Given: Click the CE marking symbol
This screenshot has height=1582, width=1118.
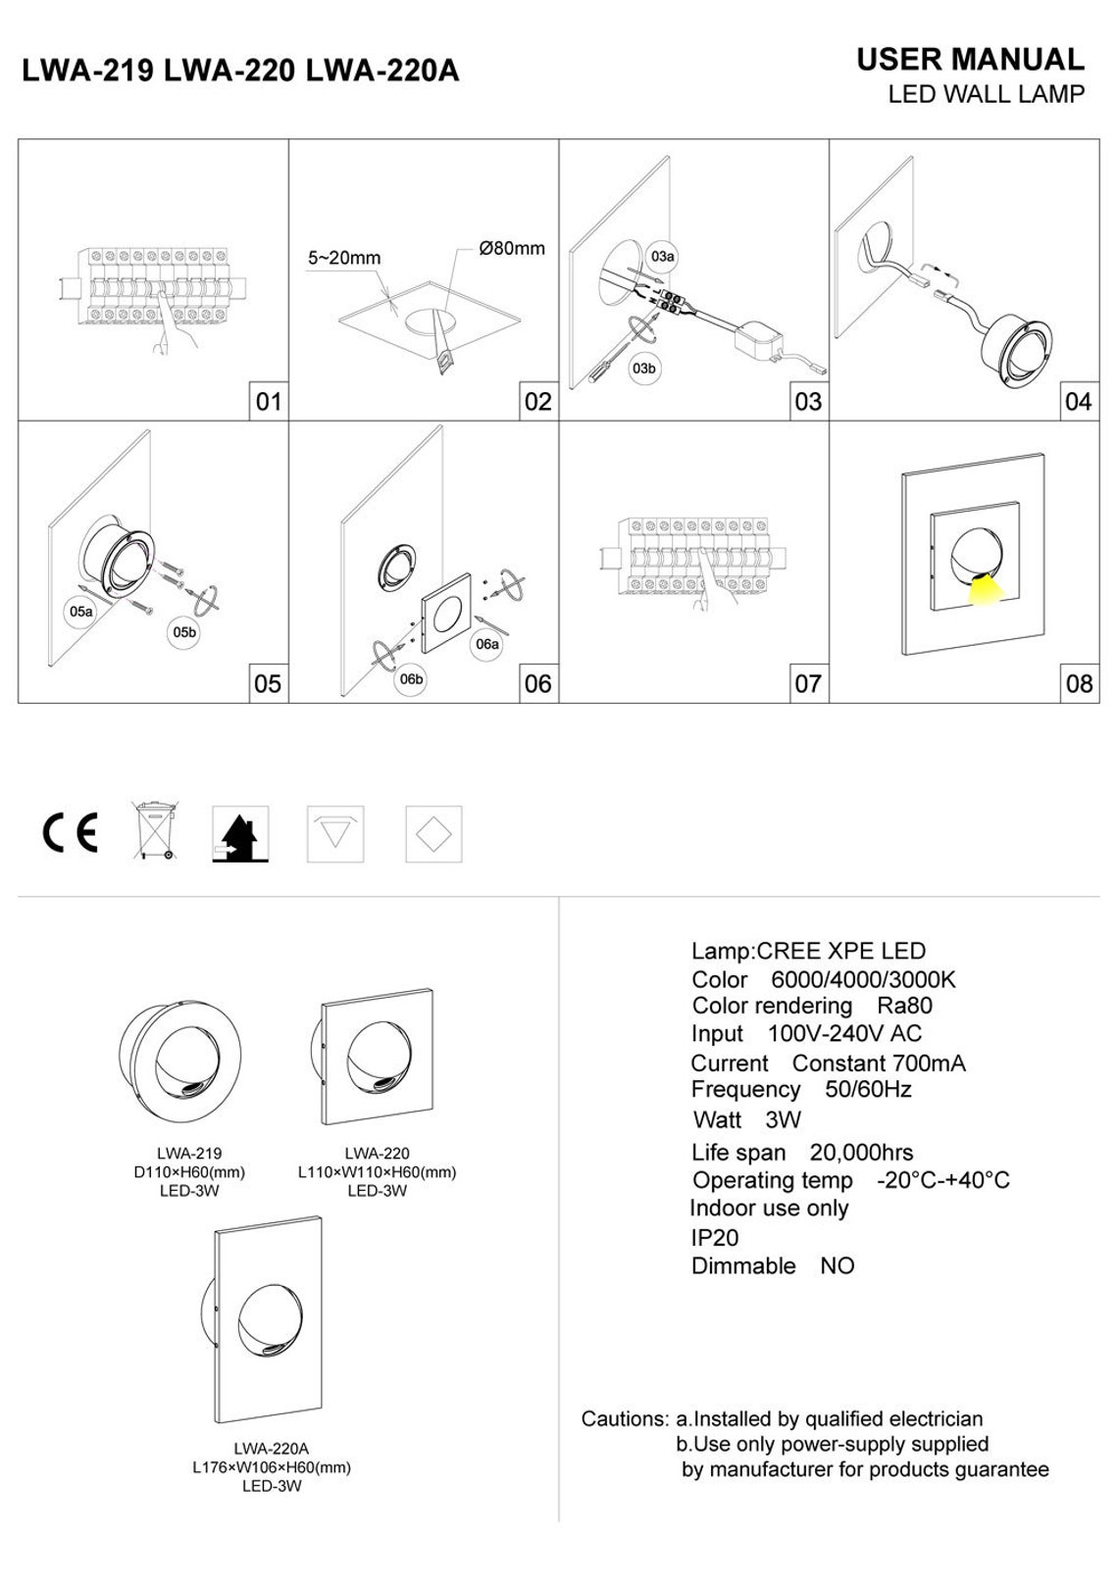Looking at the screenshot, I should pos(70,833).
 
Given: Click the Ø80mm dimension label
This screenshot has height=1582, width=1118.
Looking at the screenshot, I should pos(511,248).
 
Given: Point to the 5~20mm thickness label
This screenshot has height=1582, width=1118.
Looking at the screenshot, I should pos(344,259).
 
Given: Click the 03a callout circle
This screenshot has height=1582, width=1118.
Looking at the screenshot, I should pos(663,257).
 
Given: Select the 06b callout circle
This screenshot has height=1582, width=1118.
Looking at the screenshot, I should pos(411,679).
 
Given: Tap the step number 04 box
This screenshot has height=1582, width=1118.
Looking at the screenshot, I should pos(1077,401).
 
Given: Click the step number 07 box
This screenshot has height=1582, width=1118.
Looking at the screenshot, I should pos(807,683).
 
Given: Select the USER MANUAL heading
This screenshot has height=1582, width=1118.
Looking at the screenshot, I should pos(970,60).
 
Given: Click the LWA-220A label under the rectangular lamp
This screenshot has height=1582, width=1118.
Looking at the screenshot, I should pos(272,1449).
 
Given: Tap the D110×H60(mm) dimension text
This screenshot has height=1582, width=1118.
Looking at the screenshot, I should pos(189,1172).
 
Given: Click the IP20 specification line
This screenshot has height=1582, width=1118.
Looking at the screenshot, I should pos(715,1238).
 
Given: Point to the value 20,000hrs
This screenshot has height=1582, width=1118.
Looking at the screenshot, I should pos(861,1153).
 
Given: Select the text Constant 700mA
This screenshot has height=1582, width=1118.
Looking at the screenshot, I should pos(878,1063).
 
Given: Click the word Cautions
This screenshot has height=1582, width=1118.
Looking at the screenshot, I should pos(624,1418).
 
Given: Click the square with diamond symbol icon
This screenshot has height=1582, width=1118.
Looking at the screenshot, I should pos(433,835).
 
